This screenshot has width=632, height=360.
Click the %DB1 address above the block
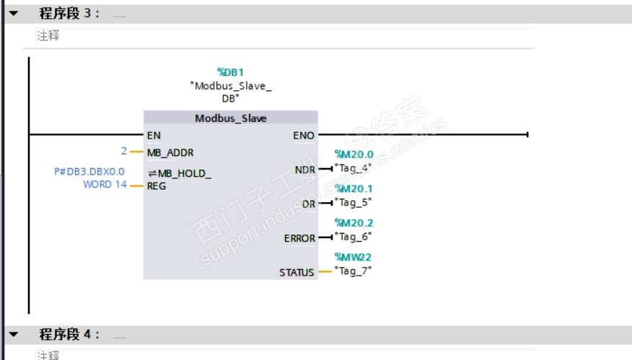click(230, 72)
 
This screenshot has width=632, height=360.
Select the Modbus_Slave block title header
click(230, 118)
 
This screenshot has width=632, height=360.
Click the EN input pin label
click(154, 135)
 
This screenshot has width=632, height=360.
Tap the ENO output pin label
click(304, 135)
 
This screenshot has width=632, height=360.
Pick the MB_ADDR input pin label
click(170, 152)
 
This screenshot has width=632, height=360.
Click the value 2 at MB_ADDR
click(124, 152)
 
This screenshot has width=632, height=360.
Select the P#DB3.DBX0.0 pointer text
click(89, 172)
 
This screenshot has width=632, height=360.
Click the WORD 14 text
click(105, 185)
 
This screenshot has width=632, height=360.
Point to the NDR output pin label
click(305, 169)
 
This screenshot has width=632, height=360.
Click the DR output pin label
click(309, 203)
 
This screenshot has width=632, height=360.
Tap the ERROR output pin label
click(299, 238)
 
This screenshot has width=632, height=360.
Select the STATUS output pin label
click(297, 273)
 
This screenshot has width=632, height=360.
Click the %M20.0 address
click(354, 154)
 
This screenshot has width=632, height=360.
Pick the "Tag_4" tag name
click(353, 167)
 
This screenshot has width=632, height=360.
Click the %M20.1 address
click(354, 189)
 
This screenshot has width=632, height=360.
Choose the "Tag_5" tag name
click(353, 202)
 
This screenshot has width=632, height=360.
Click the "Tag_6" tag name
click(353, 236)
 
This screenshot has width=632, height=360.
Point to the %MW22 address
click(352, 258)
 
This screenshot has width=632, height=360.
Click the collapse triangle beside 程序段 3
click(13, 13)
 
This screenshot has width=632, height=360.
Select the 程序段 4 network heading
click(69, 335)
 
